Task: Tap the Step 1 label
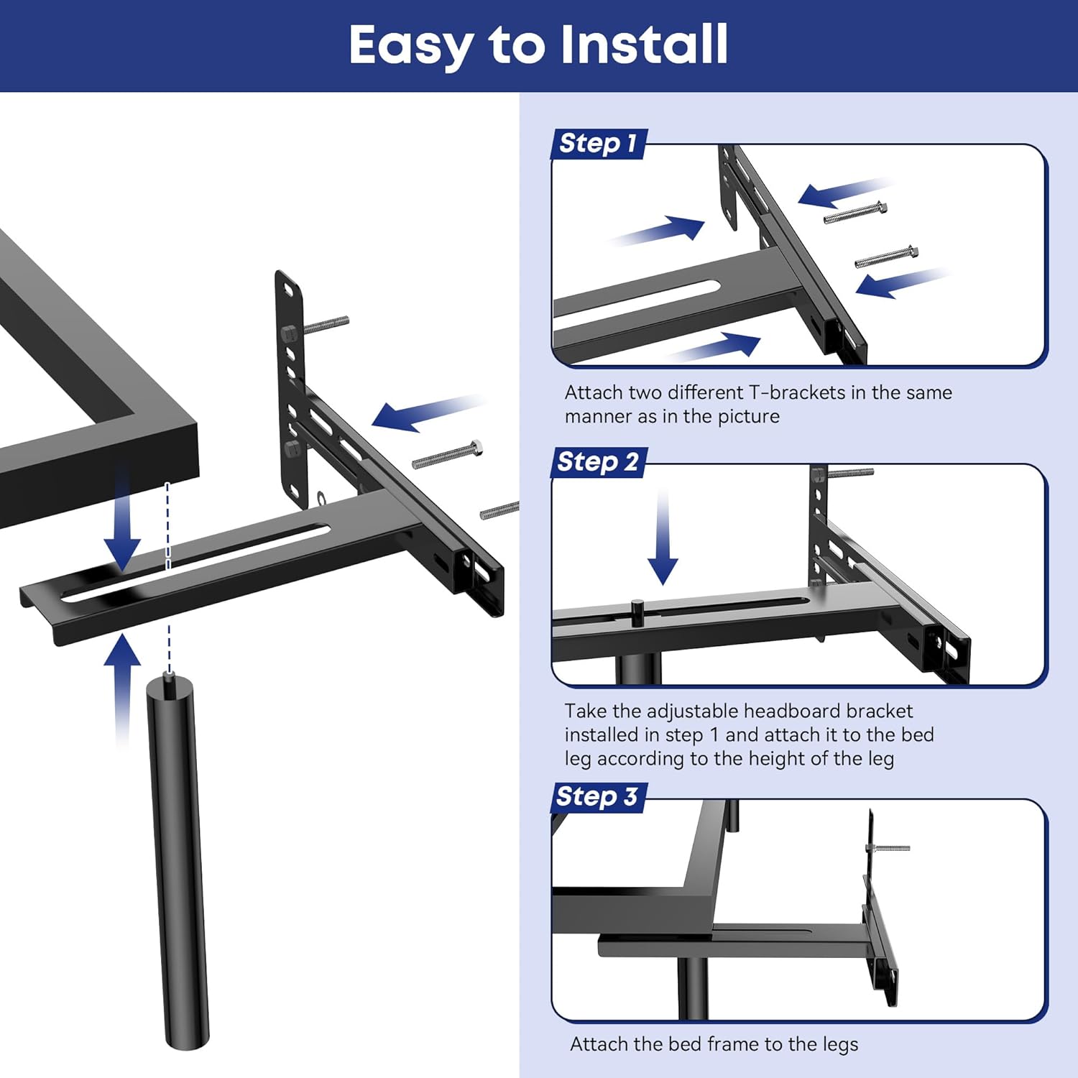tap(598, 143)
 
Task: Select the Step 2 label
tap(598, 461)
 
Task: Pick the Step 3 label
tap(596, 796)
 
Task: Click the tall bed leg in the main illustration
tap(178, 862)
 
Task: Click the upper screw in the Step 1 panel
tap(855, 213)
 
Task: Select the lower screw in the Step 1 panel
tap(886, 257)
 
